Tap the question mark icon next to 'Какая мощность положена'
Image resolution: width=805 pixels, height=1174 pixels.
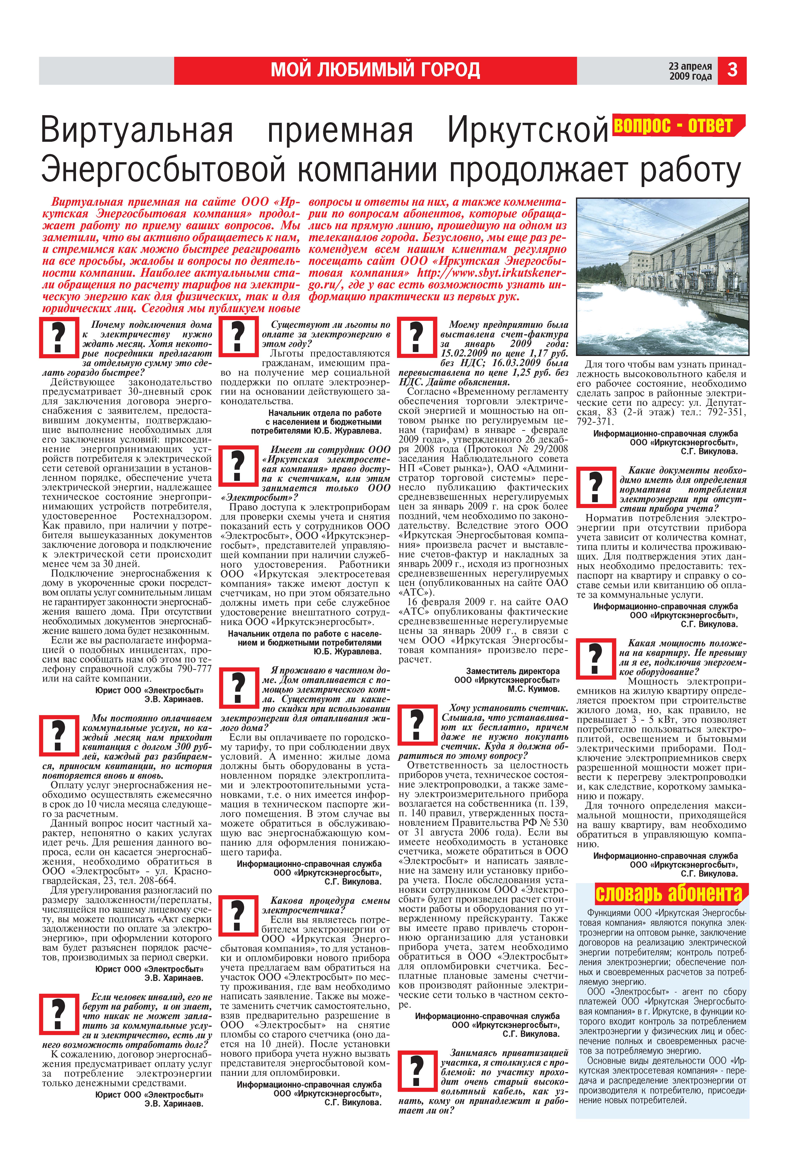tap(596, 658)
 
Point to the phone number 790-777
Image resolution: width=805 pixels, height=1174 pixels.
tap(195, 669)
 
